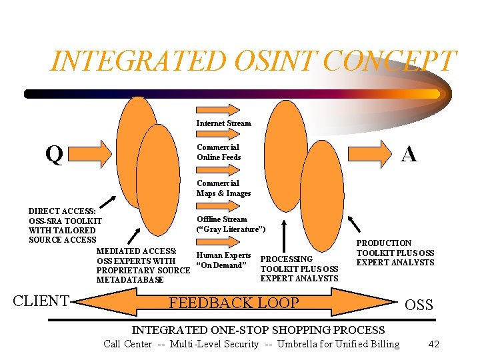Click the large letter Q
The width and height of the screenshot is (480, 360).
pyautogui.click(x=54, y=154)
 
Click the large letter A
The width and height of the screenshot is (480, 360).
pyautogui.click(x=409, y=154)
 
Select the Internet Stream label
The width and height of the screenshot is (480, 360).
pyautogui.click(x=223, y=123)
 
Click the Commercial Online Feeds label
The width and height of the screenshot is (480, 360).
pyautogui.click(x=219, y=152)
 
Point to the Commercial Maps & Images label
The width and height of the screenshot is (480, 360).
pyautogui.click(x=223, y=188)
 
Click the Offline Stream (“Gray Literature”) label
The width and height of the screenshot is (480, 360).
pyautogui.click(x=231, y=224)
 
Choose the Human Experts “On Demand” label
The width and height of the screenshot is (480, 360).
pyautogui.click(x=223, y=261)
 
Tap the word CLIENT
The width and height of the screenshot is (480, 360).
pyautogui.click(x=41, y=301)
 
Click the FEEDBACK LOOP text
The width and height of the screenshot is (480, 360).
pyautogui.click(x=233, y=303)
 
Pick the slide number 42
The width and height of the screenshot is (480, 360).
pyautogui.click(x=433, y=344)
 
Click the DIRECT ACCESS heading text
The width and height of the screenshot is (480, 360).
pyautogui.click(x=62, y=211)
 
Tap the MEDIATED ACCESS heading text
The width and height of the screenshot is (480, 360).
pyautogui.click(x=137, y=251)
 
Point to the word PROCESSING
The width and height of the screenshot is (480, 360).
pyautogui.click(x=286, y=259)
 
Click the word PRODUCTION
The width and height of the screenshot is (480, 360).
pyautogui.click(x=384, y=244)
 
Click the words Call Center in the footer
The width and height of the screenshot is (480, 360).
pyautogui.click(x=127, y=344)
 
